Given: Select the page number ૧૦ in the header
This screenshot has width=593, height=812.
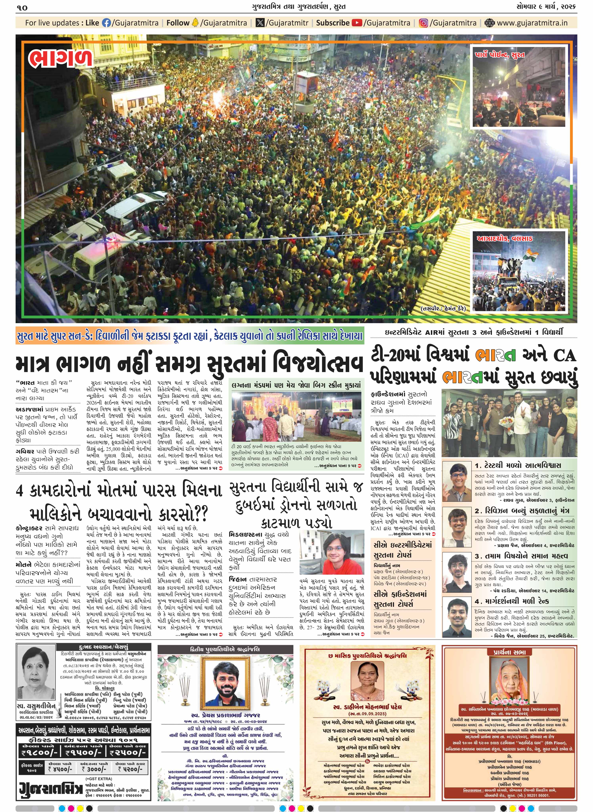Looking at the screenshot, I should click(x=22, y=7).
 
